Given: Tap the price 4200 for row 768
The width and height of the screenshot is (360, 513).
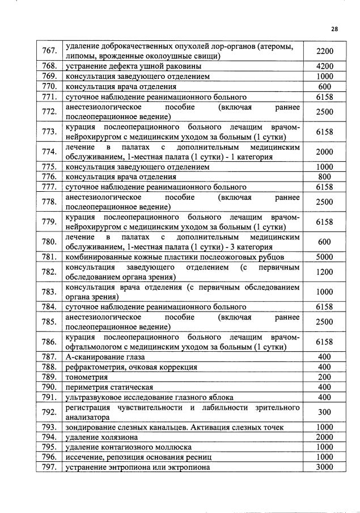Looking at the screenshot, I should (325, 66).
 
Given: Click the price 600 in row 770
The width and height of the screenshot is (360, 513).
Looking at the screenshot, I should (325, 87).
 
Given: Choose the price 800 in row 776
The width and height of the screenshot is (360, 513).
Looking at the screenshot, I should (325, 177).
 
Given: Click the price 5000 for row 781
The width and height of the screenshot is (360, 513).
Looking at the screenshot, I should (325, 256).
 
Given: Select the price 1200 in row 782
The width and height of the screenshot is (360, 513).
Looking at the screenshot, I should (325, 272).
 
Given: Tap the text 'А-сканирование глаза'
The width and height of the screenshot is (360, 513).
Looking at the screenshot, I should (105, 357).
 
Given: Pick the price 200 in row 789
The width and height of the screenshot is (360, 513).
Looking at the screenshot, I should (325, 377).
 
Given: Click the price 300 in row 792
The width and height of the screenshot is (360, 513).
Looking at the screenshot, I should (325, 412).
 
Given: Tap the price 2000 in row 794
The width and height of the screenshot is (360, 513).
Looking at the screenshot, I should (325, 437).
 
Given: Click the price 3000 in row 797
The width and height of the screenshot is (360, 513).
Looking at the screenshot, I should (325, 467).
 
